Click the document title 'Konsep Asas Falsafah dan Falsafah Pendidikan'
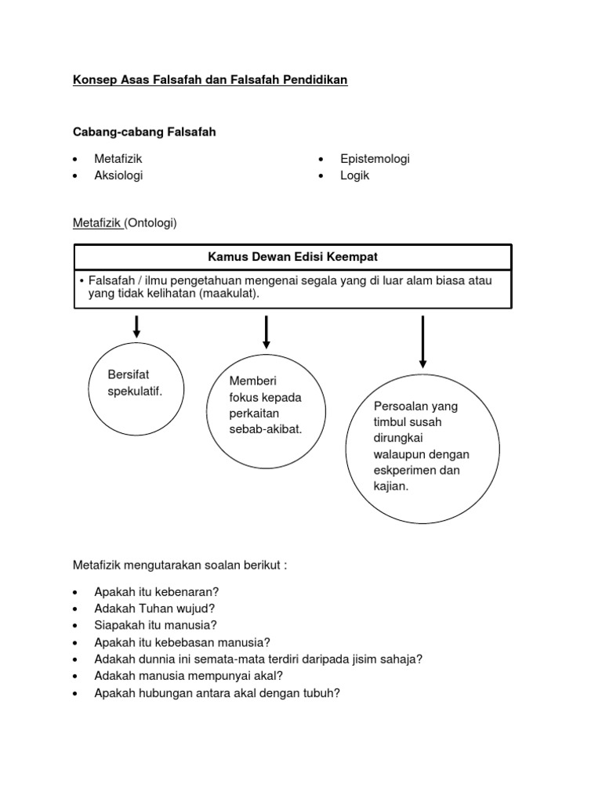[210, 81]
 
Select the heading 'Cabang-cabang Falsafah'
[144, 132]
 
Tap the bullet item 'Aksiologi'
[118, 175]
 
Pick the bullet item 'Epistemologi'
[375, 158]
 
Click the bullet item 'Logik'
[354, 175]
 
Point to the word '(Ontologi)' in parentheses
[151, 223]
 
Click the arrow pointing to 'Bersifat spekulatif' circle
[136, 326]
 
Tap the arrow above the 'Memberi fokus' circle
[267, 331]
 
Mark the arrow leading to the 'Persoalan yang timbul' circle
[422, 341]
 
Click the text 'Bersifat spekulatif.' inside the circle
[135, 383]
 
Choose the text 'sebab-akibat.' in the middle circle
[265, 429]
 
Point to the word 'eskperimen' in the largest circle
[404, 471]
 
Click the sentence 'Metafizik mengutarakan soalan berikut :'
[180, 565]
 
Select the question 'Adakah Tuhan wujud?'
[154, 608]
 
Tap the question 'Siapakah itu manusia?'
[155, 625]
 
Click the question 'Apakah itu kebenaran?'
[156, 591]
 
